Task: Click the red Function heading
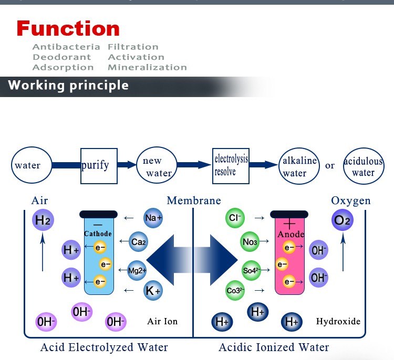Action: (x=68, y=28)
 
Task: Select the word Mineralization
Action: (x=147, y=67)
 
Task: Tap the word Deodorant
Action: (x=62, y=57)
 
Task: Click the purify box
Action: (x=99, y=165)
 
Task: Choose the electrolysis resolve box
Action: (x=231, y=165)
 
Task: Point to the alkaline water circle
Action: (x=298, y=166)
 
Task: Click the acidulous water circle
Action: (x=363, y=166)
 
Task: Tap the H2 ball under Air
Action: (x=43, y=220)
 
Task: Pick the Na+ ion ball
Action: (x=153, y=217)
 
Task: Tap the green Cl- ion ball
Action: (x=234, y=217)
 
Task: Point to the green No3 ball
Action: (x=250, y=242)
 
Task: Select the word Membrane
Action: (x=194, y=201)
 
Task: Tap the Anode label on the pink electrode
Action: (x=291, y=234)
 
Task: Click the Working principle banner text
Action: (x=68, y=85)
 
